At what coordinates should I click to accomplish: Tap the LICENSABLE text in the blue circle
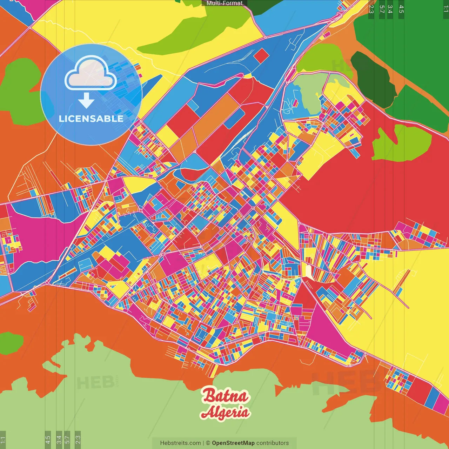click(91, 119)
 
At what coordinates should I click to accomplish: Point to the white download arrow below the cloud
click(86, 101)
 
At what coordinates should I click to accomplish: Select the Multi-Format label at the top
click(224, 3)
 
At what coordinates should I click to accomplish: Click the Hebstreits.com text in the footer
click(180, 443)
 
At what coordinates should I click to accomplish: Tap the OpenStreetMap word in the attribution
click(233, 443)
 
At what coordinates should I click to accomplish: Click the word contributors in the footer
click(272, 443)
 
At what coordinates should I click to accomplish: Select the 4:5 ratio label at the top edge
click(401, 9)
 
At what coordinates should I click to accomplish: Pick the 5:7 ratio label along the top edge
click(382, 9)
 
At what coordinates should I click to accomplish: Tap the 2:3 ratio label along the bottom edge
click(78, 439)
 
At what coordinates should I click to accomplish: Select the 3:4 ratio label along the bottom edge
click(59, 439)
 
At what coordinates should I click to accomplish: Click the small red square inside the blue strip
click(261, 56)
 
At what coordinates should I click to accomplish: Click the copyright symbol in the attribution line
click(208, 443)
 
